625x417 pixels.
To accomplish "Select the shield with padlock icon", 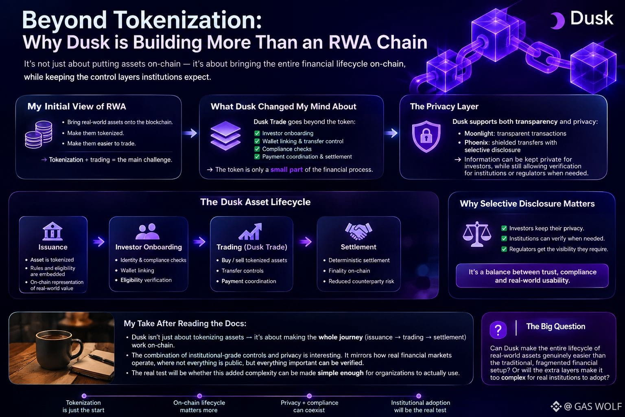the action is point(426,136).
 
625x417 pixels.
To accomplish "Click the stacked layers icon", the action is point(225,136).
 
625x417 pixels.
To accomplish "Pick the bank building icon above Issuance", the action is point(52,231).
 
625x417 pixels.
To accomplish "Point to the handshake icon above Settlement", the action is point(358,231).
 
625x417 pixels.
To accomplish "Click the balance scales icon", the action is point(477,234).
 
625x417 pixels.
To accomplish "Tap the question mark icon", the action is point(498,330).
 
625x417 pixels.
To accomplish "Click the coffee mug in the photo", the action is point(59,349).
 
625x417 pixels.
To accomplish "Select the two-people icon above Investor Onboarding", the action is point(147,231).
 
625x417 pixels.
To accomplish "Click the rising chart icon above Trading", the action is point(250,231).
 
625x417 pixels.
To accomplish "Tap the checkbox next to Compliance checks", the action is point(257,149).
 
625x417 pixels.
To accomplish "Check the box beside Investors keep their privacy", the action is point(504,228).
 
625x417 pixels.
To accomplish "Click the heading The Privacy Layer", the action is point(444,106).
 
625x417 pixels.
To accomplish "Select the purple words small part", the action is point(286,169).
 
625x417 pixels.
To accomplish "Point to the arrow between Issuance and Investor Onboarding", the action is point(98,241).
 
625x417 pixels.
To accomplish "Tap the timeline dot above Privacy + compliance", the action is point(309,396).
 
